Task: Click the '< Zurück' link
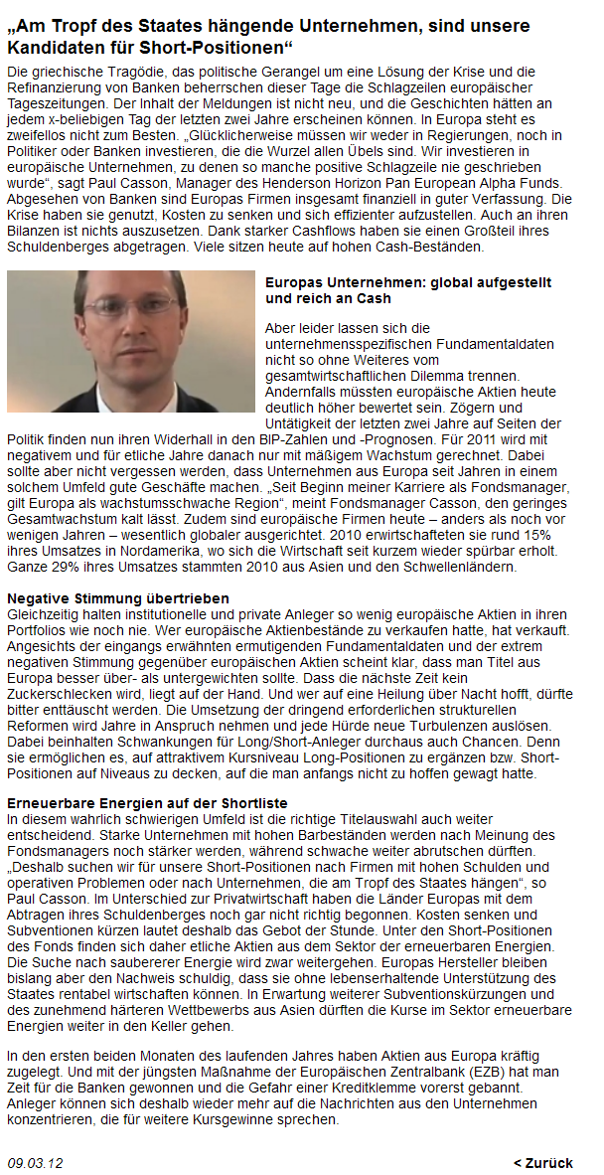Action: pyautogui.click(x=542, y=1162)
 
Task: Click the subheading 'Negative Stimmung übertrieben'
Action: pyautogui.click(x=118, y=598)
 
